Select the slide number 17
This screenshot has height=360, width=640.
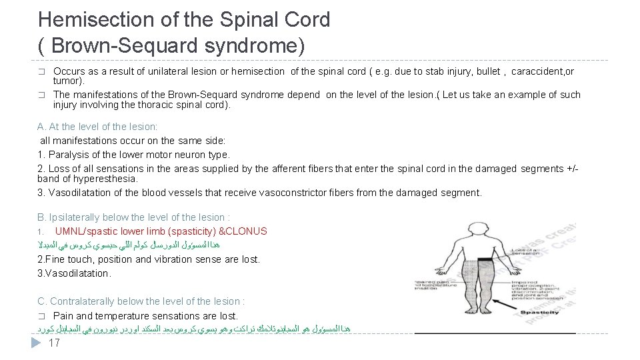pos(55,343)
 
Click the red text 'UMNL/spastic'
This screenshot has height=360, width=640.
pos(84,231)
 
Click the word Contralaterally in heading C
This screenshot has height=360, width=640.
pos(81,301)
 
